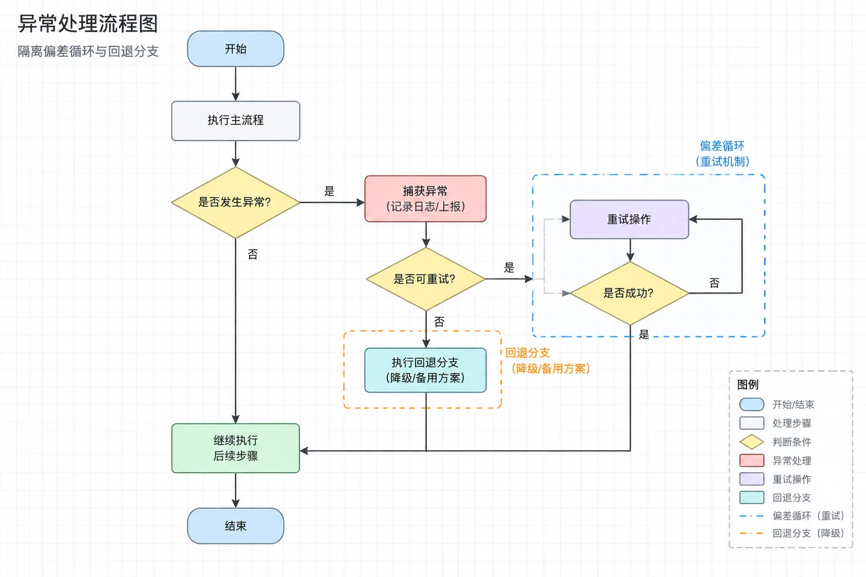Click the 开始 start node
[x=236, y=48]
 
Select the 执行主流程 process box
[x=236, y=121]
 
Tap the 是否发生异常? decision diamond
[x=236, y=202]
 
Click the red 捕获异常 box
[x=425, y=199]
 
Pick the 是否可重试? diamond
[x=425, y=279]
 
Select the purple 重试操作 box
[x=629, y=219]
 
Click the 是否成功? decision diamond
[x=629, y=293]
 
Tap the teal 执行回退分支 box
[x=425, y=370]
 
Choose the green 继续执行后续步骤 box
[x=236, y=448]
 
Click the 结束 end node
[x=236, y=526]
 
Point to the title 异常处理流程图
[x=88, y=24]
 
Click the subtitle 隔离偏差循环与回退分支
[x=88, y=51]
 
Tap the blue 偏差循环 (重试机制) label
[x=722, y=153]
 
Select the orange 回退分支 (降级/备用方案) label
[x=547, y=361]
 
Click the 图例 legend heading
[x=748, y=384]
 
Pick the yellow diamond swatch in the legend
[x=752, y=442]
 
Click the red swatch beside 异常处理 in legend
[x=752, y=460]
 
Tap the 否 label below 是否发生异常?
[x=253, y=254]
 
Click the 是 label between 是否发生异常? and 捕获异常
[x=329, y=191]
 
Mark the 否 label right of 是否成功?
[x=714, y=283]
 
